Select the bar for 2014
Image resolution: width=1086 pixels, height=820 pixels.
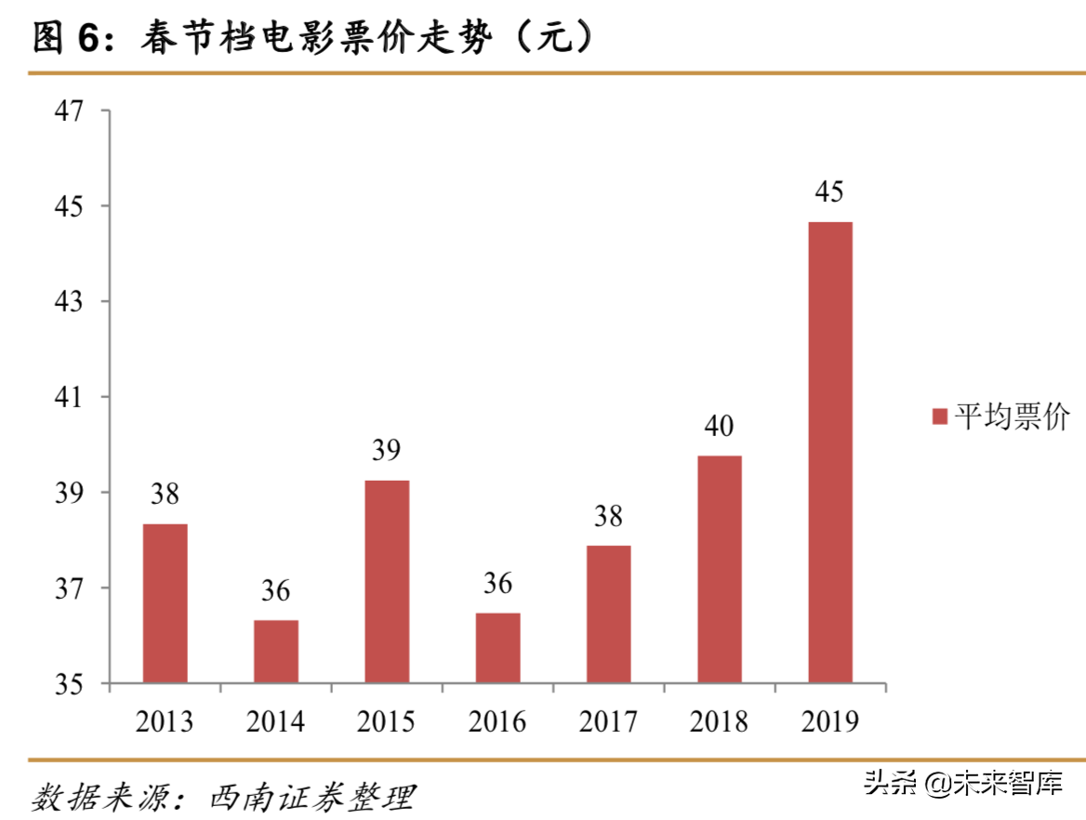click(x=276, y=652)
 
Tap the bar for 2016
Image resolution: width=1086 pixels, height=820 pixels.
click(x=497, y=648)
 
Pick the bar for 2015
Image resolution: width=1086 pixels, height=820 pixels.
click(x=387, y=582)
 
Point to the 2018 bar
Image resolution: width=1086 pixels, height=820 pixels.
click(x=720, y=569)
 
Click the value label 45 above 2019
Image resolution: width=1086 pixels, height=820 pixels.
click(x=829, y=192)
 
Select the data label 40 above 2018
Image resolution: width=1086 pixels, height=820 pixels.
click(x=719, y=427)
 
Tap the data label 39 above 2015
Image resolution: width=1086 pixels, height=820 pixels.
click(x=386, y=451)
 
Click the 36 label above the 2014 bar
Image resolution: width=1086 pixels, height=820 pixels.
click(x=276, y=590)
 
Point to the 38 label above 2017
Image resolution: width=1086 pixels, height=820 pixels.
click(x=608, y=516)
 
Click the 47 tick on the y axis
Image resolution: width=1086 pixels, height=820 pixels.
click(x=71, y=111)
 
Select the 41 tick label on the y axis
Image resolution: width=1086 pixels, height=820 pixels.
click(x=71, y=397)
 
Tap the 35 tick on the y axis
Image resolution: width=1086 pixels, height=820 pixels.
click(x=71, y=684)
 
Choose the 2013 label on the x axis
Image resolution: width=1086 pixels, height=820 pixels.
click(x=165, y=721)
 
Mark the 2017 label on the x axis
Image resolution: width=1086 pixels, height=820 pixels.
click(x=608, y=721)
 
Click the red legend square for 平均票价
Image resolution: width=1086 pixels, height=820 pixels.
click(x=939, y=417)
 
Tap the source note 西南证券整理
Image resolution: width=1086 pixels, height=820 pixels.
click(x=312, y=798)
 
